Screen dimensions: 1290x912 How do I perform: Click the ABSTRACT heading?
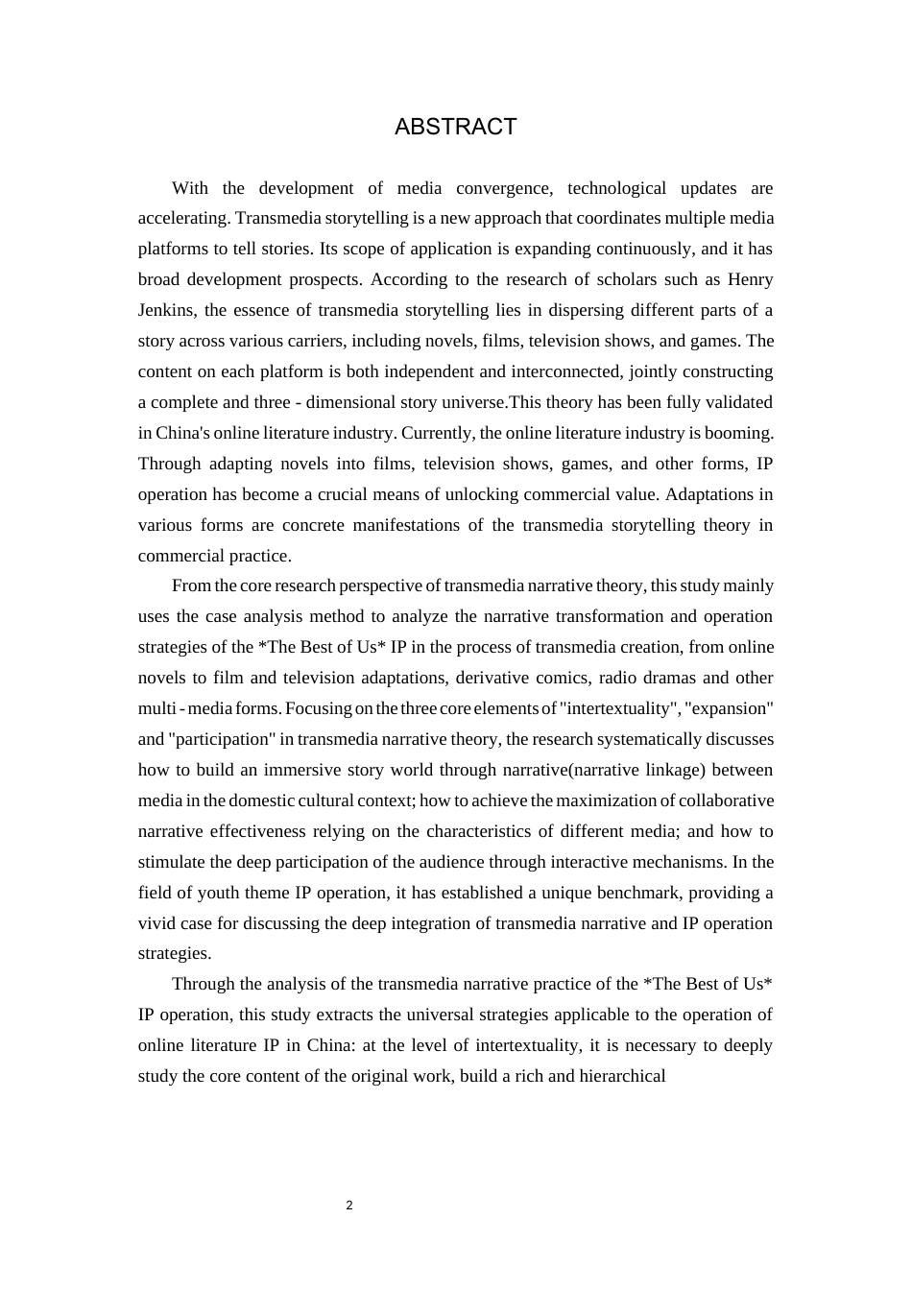pyautogui.click(x=455, y=127)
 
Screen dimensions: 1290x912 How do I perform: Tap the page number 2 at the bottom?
pyautogui.click(x=349, y=1206)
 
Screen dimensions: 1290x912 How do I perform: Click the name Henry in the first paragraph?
pyautogui.click(x=751, y=279)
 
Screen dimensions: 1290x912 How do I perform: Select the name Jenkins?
pyautogui.click(x=167, y=310)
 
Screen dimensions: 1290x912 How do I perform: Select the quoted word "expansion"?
pyautogui.click(x=730, y=708)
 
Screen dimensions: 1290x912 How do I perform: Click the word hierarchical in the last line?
pyautogui.click(x=622, y=1076)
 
